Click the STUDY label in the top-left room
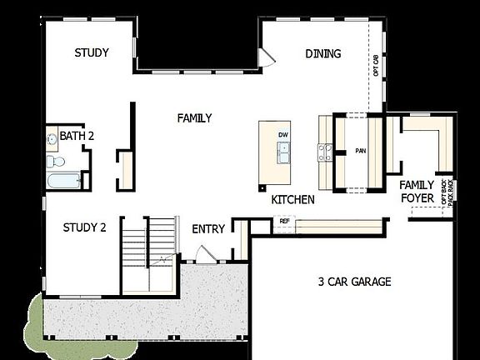point(92,52)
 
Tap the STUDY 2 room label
point(85,227)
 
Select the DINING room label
point(323,54)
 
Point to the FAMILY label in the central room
point(194,118)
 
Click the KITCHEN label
point(293,200)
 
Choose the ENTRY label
point(208,228)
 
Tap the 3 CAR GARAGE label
point(355,282)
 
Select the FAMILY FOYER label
point(417,192)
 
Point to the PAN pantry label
point(361,151)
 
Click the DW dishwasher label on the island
point(283,134)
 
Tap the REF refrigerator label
point(285,222)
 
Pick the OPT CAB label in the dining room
point(376,64)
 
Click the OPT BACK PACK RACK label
point(451,192)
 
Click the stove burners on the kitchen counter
point(325,152)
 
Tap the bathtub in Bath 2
point(63,180)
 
